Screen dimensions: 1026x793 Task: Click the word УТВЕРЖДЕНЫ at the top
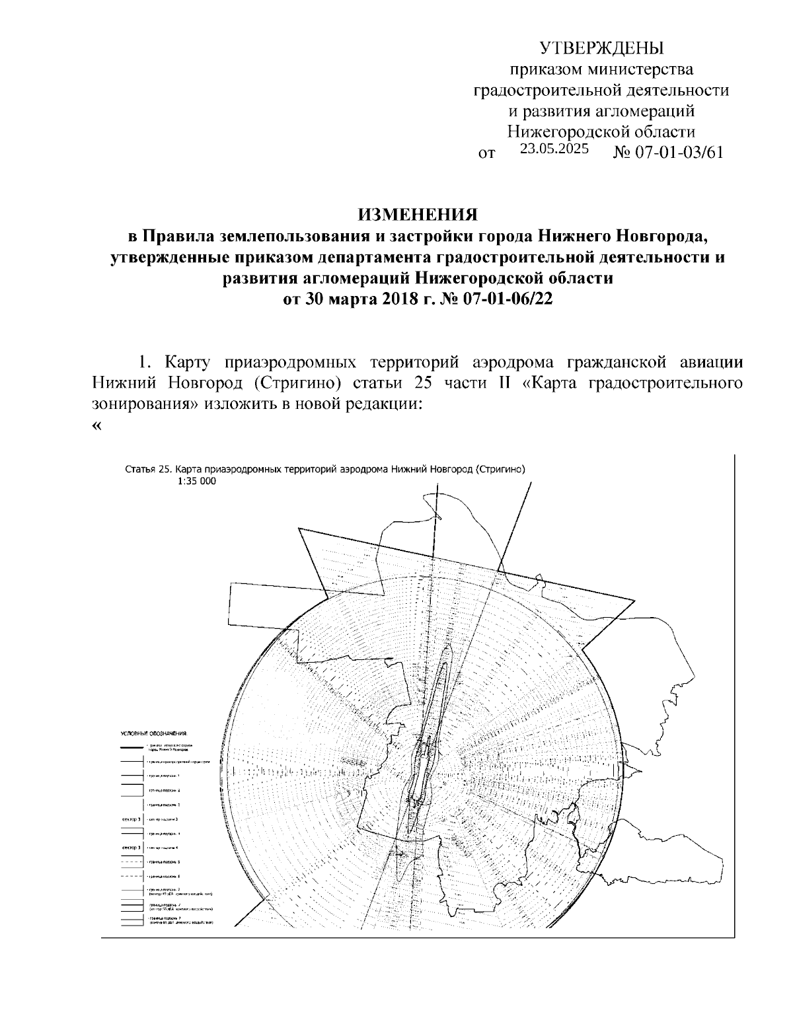coord(601,48)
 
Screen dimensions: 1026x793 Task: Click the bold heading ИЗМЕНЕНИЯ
coord(417,215)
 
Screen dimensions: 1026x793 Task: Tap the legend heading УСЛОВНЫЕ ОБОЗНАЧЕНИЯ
coord(154,733)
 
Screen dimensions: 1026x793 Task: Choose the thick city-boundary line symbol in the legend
coord(132,747)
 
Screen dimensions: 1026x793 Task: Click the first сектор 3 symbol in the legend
coord(131,819)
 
